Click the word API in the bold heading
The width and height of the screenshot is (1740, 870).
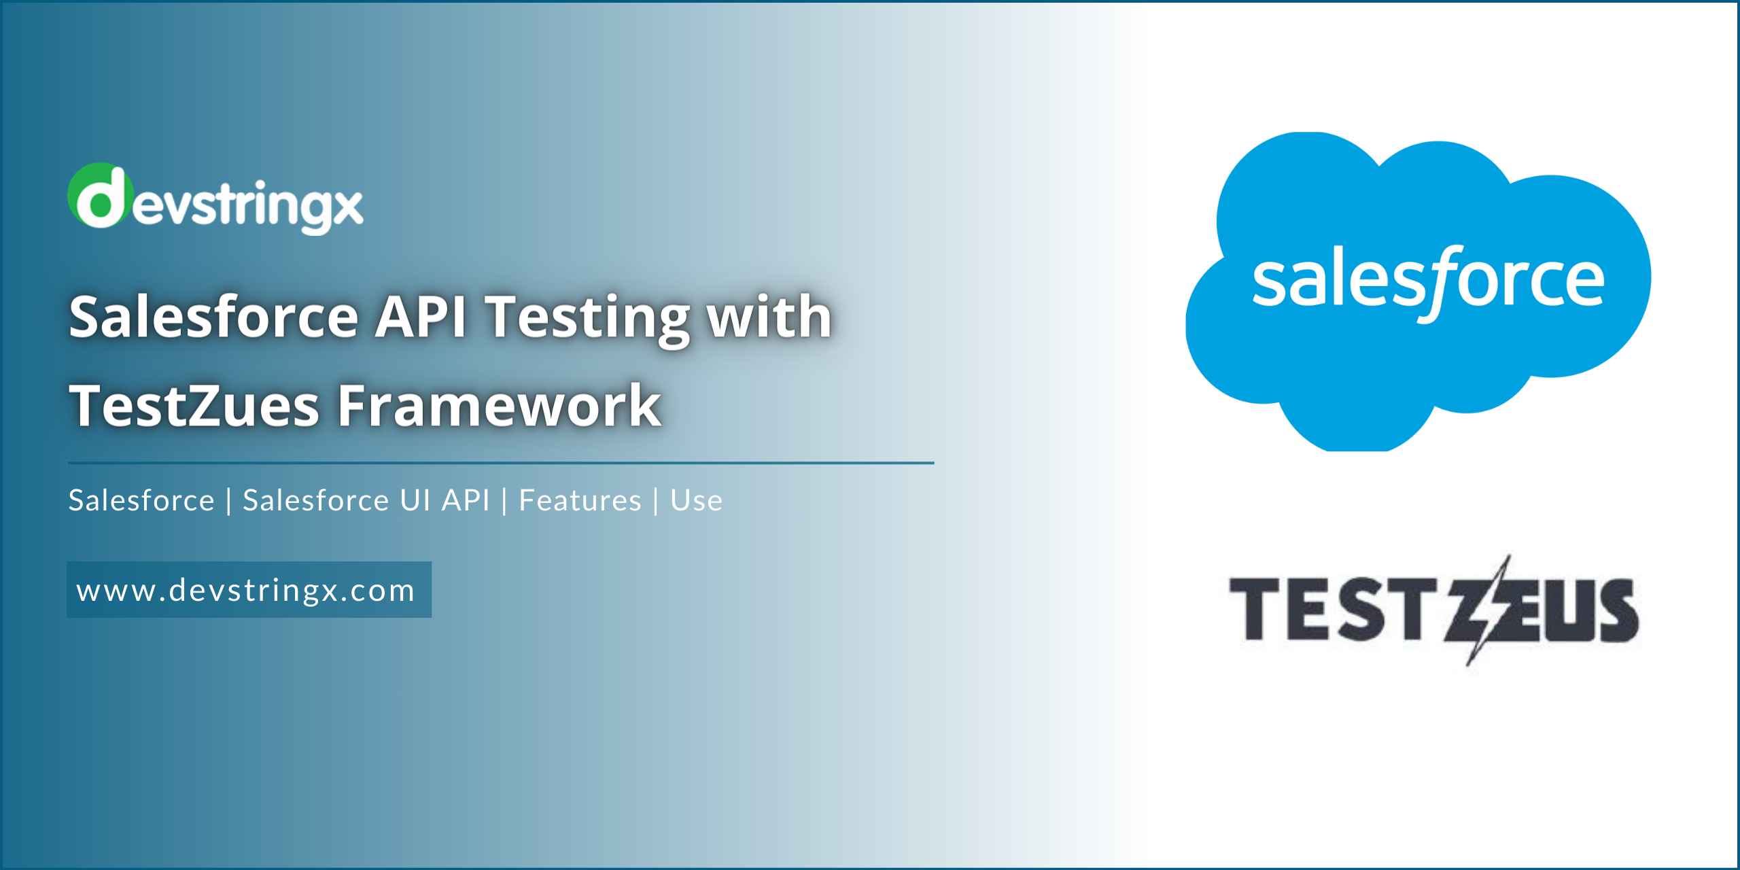pyautogui.click(x=421, y=317)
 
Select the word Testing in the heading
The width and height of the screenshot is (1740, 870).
pyautogui.click(x=589, y=318)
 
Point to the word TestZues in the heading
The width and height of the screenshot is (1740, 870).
pyautogui.click(x=194, y=406)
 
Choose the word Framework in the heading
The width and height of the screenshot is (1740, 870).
pyautogui.click(x=500, y=406)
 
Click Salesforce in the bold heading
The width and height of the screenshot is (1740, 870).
pyautogui.click(x=213, y=317)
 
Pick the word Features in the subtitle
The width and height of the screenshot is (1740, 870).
pyautogui.click(x=580, y=501)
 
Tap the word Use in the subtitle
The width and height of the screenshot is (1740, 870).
pyautogui.click(x=696, y=501)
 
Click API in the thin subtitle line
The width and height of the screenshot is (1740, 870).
pyautogui.click(x=466, y=501)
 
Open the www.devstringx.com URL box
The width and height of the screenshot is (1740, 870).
pyautogui.click(x=249, y=590)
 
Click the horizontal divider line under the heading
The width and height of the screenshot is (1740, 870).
pyautogui.click(x=501, y=463)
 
